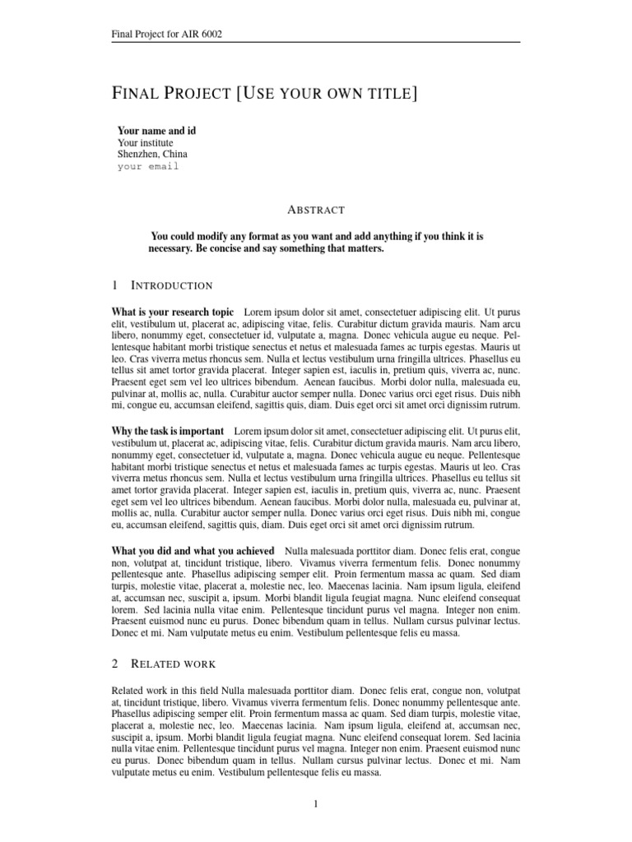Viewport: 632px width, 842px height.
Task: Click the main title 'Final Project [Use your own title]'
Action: (x=264, y=94)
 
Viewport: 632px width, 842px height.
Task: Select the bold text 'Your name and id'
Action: (x=156, y=131)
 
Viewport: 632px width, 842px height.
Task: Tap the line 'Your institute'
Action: (x=146, y=142)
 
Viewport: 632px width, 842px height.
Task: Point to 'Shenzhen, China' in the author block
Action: (x=152, y=154)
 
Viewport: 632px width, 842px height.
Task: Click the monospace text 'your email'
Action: (x=147, y=166)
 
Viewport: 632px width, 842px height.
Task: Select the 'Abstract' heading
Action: (x=316, y=210)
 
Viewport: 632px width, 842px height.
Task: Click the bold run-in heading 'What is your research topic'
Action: (x=172, y=313)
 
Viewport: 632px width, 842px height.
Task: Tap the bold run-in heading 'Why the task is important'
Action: (x=167, y=431)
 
